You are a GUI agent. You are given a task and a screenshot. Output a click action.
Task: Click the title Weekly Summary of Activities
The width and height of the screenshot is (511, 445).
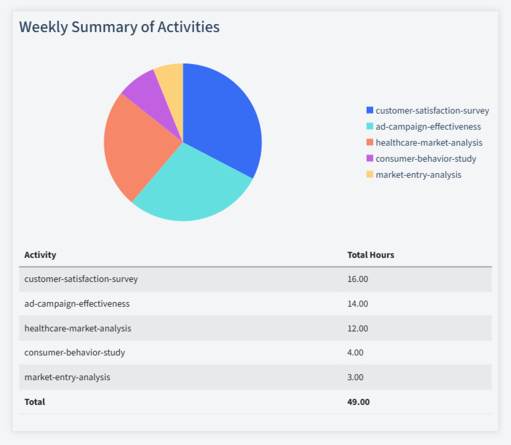click(119, 27)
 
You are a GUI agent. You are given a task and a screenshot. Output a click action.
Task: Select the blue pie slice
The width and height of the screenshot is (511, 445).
click(221, 120)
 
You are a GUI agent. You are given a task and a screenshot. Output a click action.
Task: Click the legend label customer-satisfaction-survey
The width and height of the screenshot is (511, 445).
click(432, 110)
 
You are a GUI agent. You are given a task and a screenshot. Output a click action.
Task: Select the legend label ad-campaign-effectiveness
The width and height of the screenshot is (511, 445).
click(428, 126)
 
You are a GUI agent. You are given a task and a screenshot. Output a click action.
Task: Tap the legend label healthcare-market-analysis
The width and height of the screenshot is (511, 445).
click(429, 142)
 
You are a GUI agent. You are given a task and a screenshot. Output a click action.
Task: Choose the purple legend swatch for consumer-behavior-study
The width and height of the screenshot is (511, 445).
click(370, 158)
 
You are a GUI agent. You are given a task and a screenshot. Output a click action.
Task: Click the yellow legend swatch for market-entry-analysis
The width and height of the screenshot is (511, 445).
click(370, 174)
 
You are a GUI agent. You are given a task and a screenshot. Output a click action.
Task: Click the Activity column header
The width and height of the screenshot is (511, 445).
click(40, 255)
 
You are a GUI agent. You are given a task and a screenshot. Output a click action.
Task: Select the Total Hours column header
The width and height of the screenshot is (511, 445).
click(371, 255)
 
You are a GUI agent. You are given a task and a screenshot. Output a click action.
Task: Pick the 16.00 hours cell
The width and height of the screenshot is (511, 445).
click(358, 279)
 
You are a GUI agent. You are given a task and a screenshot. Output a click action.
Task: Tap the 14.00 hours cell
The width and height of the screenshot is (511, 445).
click(358, 303)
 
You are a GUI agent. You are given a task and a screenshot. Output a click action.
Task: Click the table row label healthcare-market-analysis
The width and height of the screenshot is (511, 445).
click(78, 328)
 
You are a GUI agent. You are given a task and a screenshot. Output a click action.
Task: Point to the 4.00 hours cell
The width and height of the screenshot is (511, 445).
click(355, 352)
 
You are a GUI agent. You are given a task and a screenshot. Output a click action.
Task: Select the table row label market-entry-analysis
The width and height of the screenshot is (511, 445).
click(67, 377)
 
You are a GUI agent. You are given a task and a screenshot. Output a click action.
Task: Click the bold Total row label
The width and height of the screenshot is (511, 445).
click(35, 402)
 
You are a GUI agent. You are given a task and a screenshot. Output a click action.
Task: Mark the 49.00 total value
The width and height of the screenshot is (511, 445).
click(359, 402)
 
